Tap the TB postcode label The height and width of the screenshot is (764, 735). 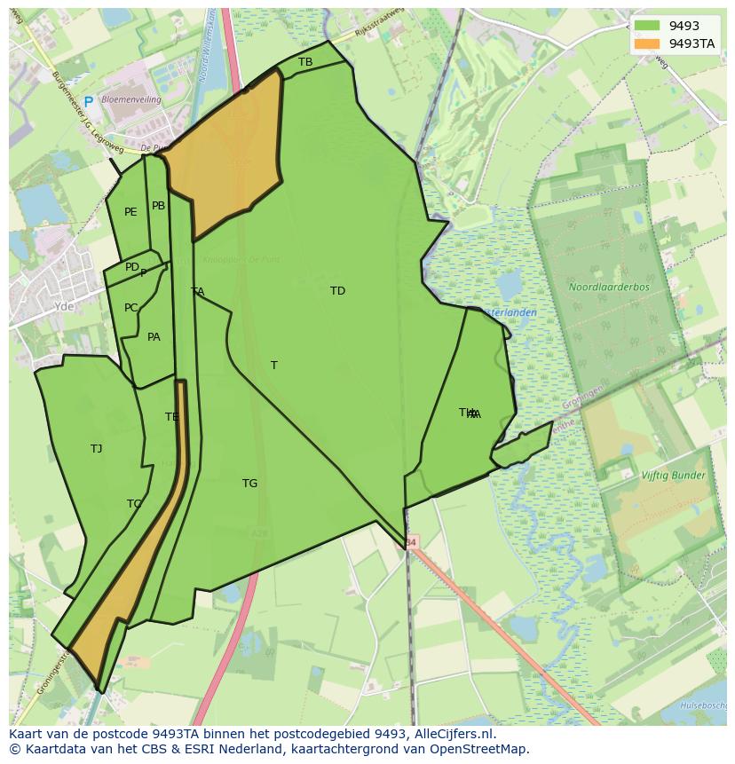click(305, 62)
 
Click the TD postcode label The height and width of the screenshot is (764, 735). click(337, 291)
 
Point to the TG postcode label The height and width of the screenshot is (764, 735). click(249, 484)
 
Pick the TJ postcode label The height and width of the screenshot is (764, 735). click(96, 449)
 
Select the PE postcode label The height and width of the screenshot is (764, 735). click(130, 212)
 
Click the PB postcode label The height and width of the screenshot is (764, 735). click(158, 206)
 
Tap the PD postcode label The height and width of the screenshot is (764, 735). click(131, 267)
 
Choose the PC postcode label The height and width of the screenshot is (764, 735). click(130, 308)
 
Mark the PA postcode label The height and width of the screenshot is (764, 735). click(154, 337)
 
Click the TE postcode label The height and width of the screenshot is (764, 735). click(171, 417)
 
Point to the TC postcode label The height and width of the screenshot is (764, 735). click(134, 504)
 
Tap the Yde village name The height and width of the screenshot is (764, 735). click(64, 306)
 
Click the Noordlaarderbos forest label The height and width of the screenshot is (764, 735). click(609, 287)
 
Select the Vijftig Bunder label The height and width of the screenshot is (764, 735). click(673, 476)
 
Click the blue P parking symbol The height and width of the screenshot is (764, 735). click(88, 102)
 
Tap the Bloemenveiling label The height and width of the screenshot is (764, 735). click(131, 100)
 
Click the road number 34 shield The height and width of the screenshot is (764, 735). click(410, 541)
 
